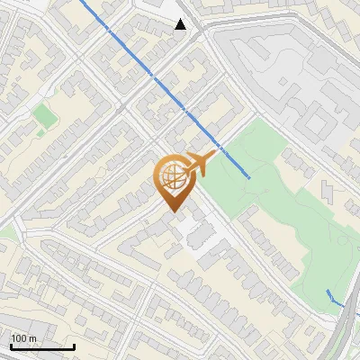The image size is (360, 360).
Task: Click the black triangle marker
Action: point(181,24)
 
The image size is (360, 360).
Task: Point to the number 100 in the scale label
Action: point(20,338)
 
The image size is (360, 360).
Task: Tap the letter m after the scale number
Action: point(34,338)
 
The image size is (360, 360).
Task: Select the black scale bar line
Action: point(41,346)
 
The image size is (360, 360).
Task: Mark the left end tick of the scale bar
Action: point(11,345)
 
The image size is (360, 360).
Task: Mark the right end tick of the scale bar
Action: point(73,345)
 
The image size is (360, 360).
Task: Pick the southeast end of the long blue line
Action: point(249,177)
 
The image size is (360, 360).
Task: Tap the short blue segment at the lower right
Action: point(334,299)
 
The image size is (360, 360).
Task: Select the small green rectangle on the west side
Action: point(43,114)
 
